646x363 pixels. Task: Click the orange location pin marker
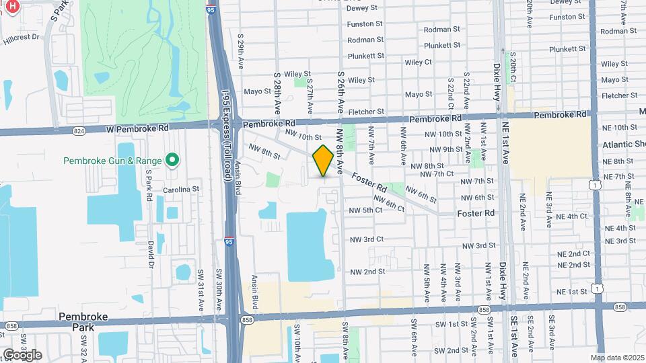[323, 161]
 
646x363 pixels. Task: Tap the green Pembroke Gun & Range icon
[172, 160]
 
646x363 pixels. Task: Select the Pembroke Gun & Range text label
[112, 161]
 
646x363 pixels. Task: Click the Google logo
[22, 354]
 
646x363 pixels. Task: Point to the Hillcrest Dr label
[24, 40]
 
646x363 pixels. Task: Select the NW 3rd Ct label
[366, 239]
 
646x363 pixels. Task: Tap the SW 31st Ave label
[201, 290]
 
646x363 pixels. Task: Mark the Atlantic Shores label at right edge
[624, 145]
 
